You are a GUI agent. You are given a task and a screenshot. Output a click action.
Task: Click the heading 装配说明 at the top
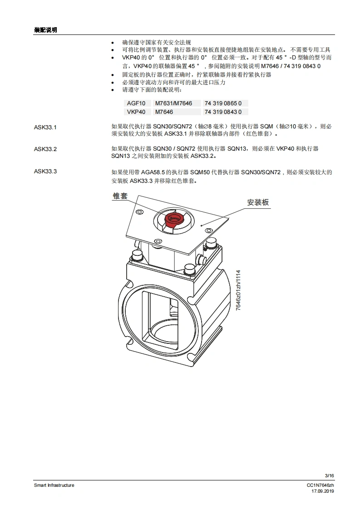45,30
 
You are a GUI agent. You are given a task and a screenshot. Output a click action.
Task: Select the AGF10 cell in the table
136,103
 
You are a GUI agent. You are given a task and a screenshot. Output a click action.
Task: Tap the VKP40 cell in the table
136,112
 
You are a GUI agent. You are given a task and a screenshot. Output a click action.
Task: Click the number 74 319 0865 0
223,103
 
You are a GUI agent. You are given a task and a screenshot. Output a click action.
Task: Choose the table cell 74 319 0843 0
223,112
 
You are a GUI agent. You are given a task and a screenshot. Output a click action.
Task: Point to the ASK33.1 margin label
45,127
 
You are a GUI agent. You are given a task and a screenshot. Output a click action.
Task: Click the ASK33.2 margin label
45,149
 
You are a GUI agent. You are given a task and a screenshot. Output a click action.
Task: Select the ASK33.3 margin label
45,171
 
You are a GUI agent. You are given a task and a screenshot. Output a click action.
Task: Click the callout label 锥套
120,196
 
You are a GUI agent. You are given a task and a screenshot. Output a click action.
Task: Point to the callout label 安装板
258,202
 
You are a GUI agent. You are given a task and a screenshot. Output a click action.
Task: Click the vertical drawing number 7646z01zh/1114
238,290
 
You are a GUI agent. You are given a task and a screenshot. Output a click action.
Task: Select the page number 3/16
330,475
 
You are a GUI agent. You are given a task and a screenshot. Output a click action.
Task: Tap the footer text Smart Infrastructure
54,485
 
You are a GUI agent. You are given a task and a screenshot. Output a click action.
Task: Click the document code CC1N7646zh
321,485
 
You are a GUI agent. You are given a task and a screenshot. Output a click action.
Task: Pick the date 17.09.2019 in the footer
323,491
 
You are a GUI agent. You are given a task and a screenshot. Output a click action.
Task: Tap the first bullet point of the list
113,43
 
